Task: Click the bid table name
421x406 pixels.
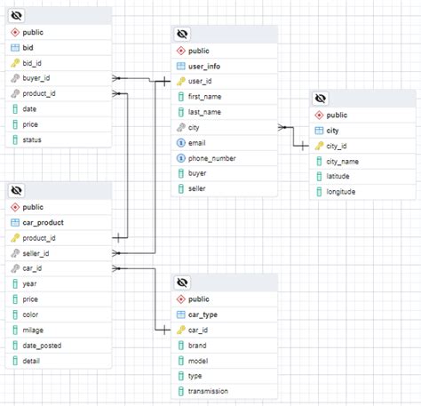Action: [28, 47]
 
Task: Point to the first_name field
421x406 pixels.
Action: [205, 96]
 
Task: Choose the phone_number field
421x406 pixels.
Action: [211, 158]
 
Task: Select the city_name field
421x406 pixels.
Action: [343, 161]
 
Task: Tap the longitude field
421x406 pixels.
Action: [341, 191]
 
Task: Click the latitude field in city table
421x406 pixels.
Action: [338, 176]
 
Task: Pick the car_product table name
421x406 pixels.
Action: [43, 222]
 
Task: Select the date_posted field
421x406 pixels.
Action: [42, 346]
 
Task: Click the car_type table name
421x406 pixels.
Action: [204, 314]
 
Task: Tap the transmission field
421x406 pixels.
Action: [209, 391]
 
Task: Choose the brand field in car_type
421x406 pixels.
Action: [198, 345]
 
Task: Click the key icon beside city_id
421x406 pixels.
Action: [319, 146]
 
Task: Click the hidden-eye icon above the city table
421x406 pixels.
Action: [321, 99]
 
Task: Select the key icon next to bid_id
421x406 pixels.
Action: [15, 63]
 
